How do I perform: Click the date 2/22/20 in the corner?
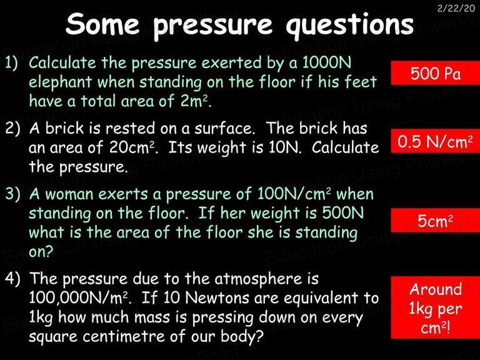coord(456,8)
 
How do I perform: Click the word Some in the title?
coord(102,24)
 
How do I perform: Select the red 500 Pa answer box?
coord(435,73)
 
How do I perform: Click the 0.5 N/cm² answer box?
coord(435,141)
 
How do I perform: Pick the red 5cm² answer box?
coord(435,221)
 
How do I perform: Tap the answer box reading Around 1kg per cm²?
coord(435,307)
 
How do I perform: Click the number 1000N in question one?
coord(327,62)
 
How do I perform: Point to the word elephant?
coord(60,82)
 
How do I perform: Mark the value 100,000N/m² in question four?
coord(78,297)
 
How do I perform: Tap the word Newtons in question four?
coord(217,298)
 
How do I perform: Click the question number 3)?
coord(12,194)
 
